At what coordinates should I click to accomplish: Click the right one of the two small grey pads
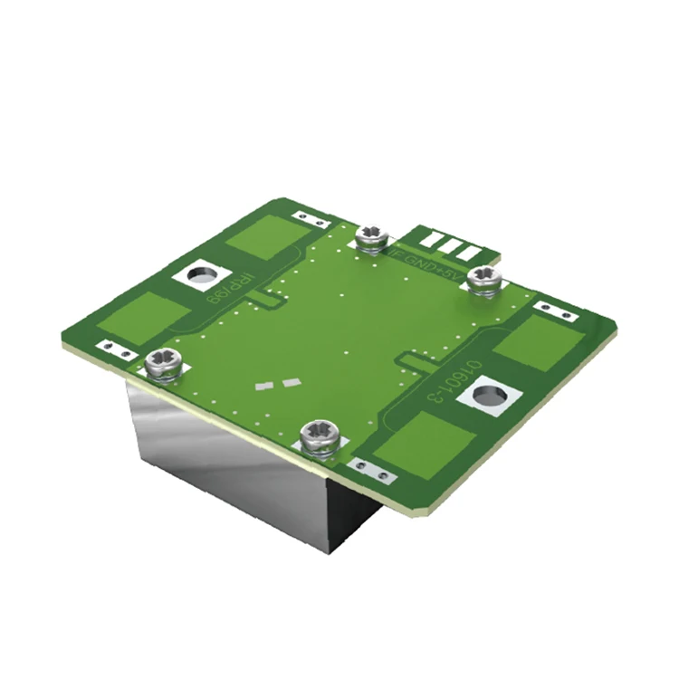291,382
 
